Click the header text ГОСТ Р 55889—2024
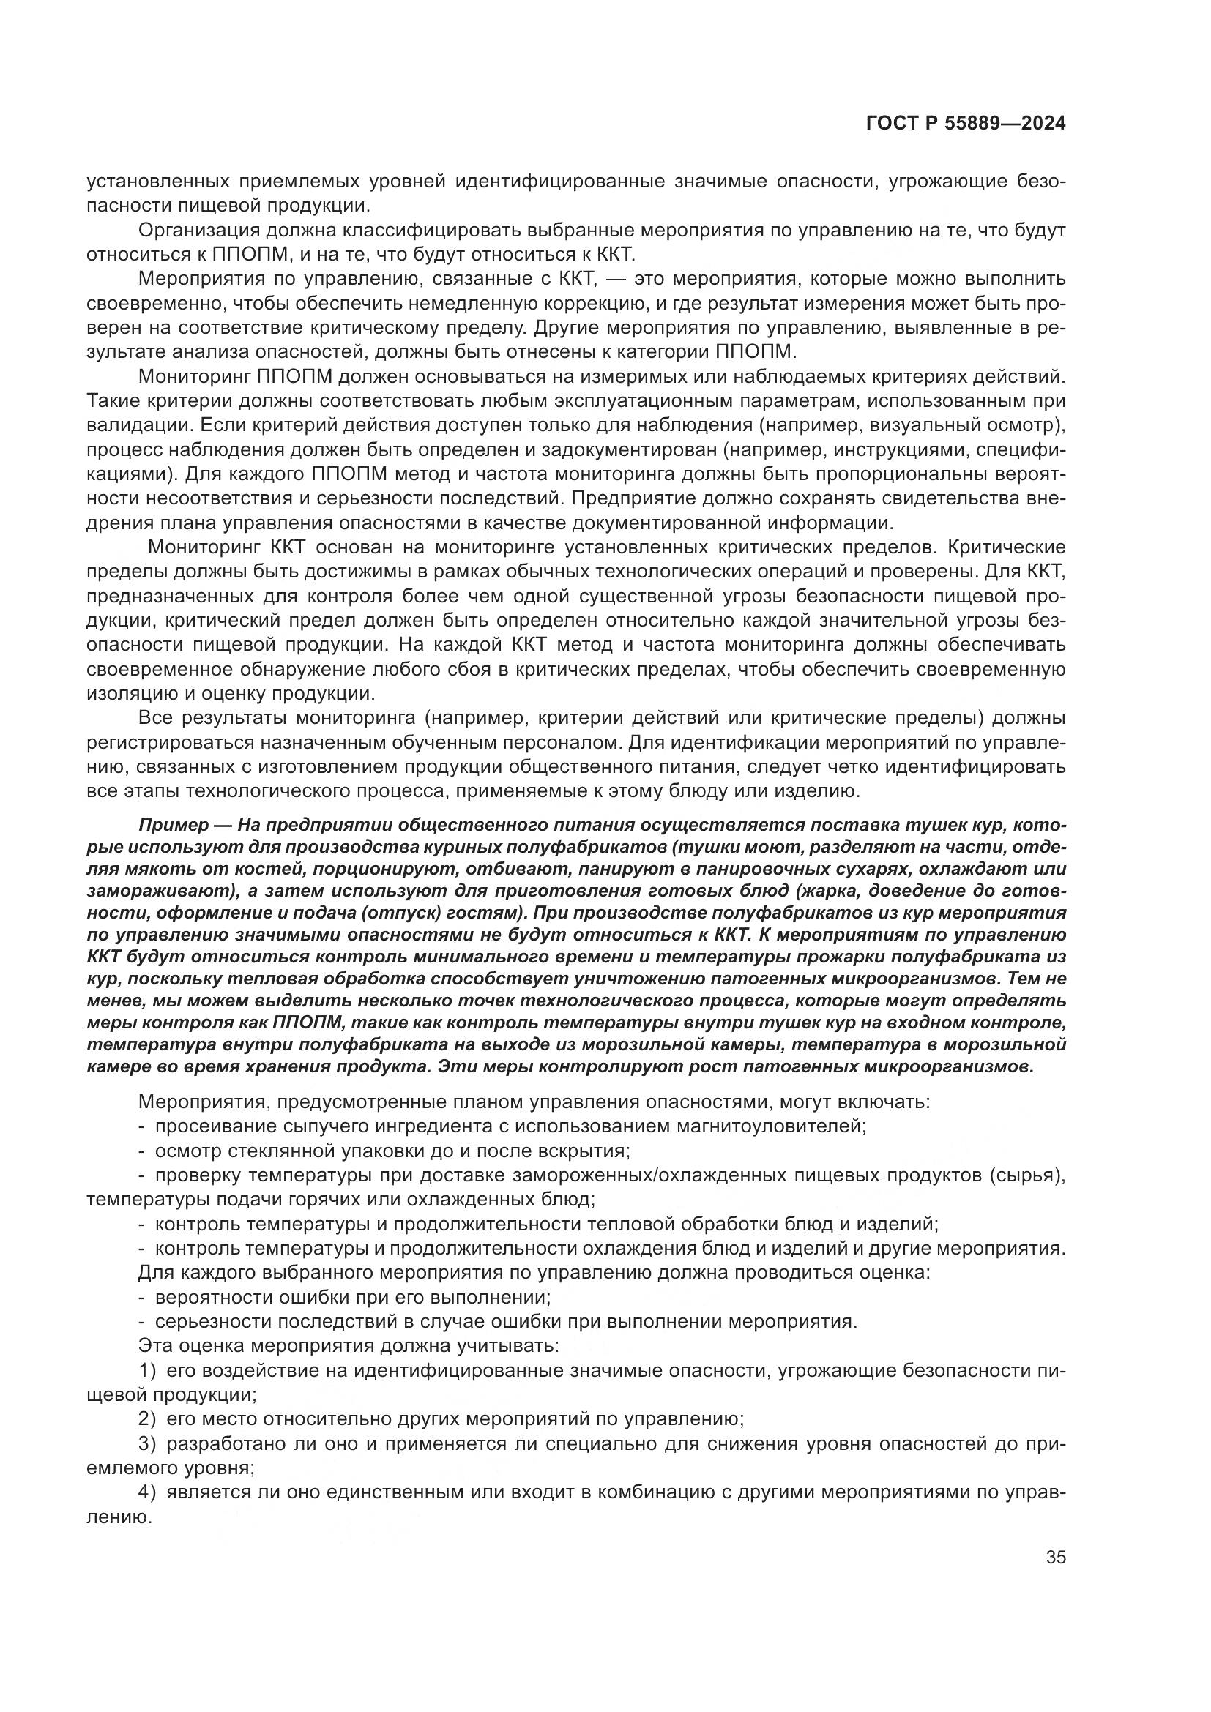965,124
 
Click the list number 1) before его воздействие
148,1370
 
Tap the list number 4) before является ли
148,1492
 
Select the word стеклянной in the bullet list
286,1151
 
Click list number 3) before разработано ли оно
148,1443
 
